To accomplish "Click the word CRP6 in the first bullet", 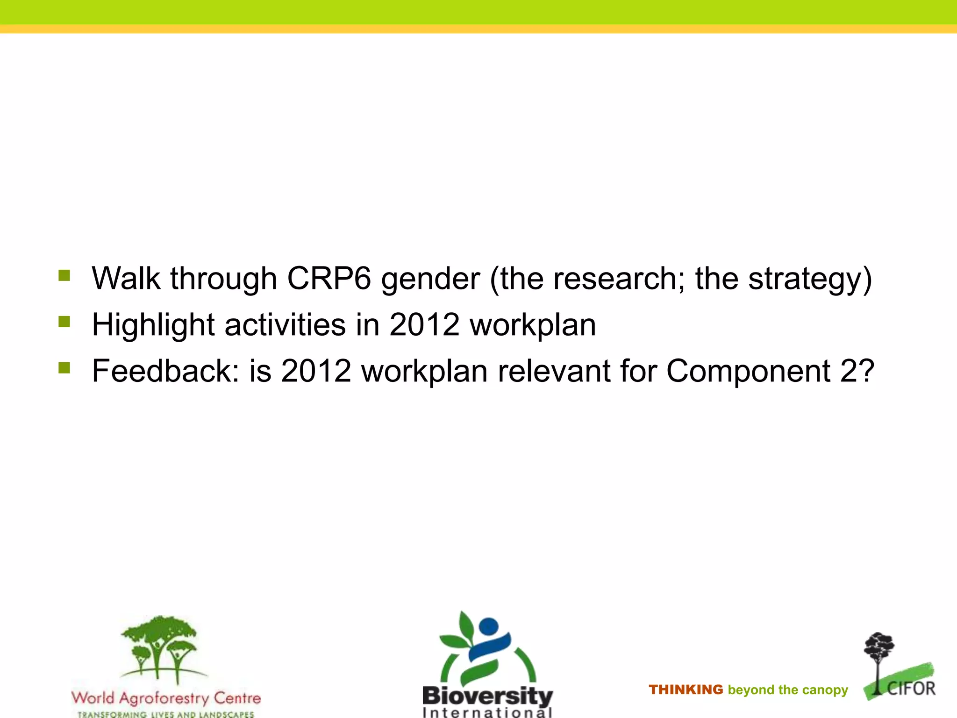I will click(x=329, y=279).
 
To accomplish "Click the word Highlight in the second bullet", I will click(x=153, y=325).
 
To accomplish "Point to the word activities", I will click(x=285, y=324).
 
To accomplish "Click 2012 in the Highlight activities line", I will click(x=424, y=324).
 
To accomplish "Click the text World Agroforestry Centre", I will click(x=166, y=698).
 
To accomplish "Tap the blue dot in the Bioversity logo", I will click(x=488, y=625).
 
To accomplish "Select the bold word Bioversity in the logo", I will click(x=487, y=696).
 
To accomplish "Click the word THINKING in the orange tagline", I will click(x=686, y=689).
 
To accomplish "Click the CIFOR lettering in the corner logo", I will click(x=911, y=689).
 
